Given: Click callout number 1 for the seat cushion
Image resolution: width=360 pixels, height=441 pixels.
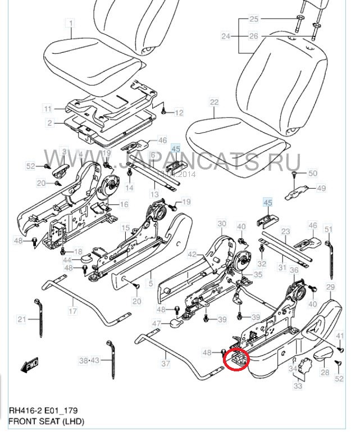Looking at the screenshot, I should (x=71, y=23).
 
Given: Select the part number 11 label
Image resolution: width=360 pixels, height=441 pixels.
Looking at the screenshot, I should (x=48, y=108).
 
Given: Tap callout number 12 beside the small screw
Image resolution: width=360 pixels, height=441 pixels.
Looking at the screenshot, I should (x=179, y=113).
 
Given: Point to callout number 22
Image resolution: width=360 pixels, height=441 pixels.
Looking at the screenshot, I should (x=214, y=102).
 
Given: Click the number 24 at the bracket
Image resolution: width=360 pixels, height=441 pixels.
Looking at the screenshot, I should (x=226, y=37).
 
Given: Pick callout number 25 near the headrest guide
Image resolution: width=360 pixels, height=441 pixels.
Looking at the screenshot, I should (x=253, y=19).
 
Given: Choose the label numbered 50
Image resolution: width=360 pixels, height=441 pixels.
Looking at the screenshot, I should (x=313, y=173).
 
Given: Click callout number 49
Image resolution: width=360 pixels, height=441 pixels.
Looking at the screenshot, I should (x=321, y=188).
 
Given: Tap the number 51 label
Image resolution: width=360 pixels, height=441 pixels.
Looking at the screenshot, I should (x=329, y=229).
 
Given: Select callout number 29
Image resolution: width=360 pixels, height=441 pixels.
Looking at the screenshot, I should (x=330, y=287).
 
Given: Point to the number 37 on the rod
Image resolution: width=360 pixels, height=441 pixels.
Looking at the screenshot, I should (x=165, y=363).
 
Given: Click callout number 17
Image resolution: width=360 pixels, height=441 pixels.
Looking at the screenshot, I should (x=72, y=311).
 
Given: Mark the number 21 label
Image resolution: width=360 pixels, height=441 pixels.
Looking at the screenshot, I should (x=22, y=320).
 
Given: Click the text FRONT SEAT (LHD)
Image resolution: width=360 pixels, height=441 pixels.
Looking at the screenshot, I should (x=46, y=421).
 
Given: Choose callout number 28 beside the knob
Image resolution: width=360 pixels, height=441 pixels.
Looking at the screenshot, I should (x=325, y=372).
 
